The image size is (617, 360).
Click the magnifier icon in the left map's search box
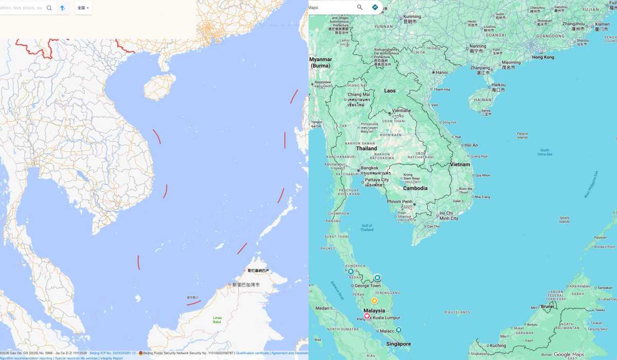tap(49, 8)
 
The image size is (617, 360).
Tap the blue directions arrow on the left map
tap(62, 8)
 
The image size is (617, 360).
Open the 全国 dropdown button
tap(83, 8)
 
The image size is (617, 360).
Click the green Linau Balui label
tap(217, 320)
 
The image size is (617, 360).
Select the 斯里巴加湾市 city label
tap(246, 284)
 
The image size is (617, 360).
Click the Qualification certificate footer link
tap(252, 353)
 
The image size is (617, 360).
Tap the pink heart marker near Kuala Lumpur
tap(367, 316)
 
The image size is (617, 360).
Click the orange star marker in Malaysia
tap(374, 300)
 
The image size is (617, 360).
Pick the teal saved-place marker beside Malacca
tap(398, 330)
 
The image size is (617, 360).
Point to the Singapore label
tap(398, 344)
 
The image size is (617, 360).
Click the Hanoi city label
tap(442, 73)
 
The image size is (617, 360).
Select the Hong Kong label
tap(543, 57)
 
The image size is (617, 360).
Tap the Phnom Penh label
tap(400, 202)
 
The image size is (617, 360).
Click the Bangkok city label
tap(370, 168)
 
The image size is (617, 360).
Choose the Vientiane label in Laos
tap(402, 111)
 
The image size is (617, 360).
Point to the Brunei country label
tap(547, 307)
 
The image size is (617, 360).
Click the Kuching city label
tap(498, 346)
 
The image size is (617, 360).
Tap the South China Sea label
tap(545, 152)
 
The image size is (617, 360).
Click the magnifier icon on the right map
tap(360, 7)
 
